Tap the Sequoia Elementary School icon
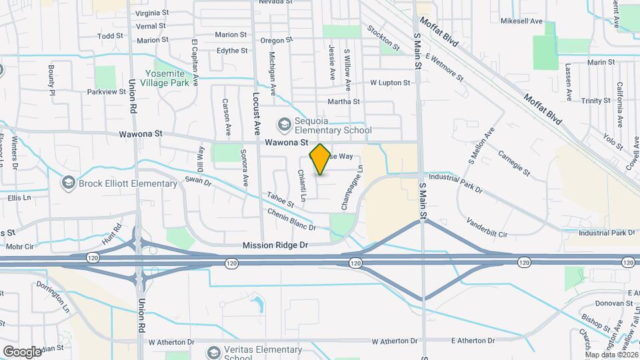click(x=284, y=124)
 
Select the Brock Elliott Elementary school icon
click(x=67, y=182)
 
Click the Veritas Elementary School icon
click(x=214, y=351)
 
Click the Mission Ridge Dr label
click(x=275, y=245)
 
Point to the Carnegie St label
click(x=513, y=163)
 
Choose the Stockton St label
click(x=383, y=39)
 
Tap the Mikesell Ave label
click(x=521, y=21)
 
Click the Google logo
click(x=22, y=351)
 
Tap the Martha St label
click(x=343, y=102)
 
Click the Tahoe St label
click(x=281, y=199)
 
